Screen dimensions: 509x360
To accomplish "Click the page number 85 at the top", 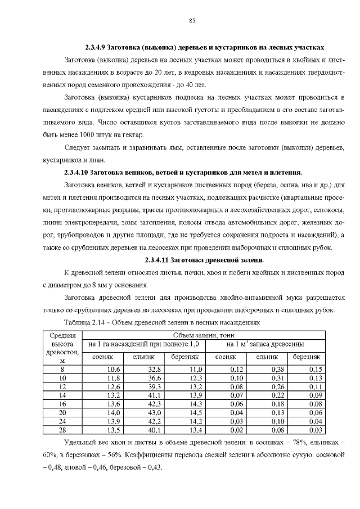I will pos(192,21).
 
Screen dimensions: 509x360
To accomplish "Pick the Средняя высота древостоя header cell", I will pos(62,348).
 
